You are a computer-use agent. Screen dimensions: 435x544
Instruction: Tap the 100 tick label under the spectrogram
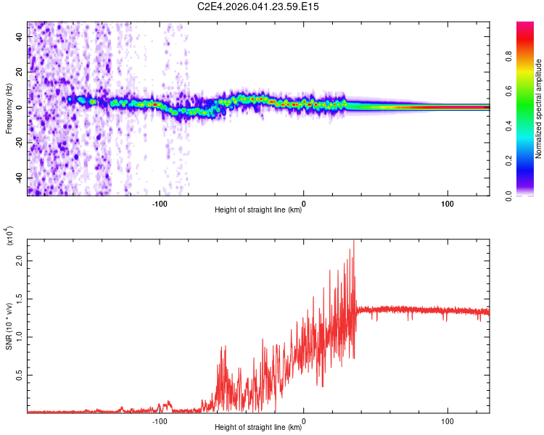pos(448,204)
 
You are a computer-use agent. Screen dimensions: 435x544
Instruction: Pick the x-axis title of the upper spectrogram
pos(258,211)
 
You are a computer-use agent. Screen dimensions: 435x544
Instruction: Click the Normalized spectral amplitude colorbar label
pos(539,109)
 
